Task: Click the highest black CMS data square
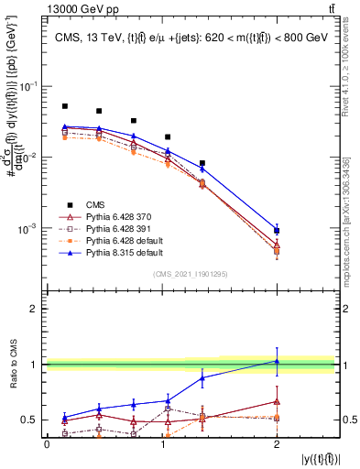(x=64, y=106)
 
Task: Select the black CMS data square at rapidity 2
(x=277, y=231)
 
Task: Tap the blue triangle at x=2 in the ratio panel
(x=277, y=361)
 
